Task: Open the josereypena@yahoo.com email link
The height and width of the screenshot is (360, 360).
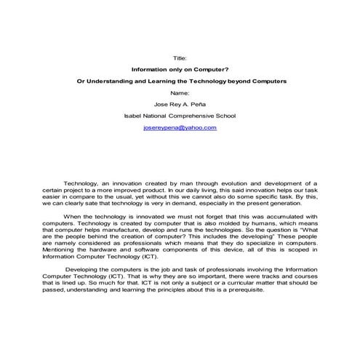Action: point(180,127)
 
